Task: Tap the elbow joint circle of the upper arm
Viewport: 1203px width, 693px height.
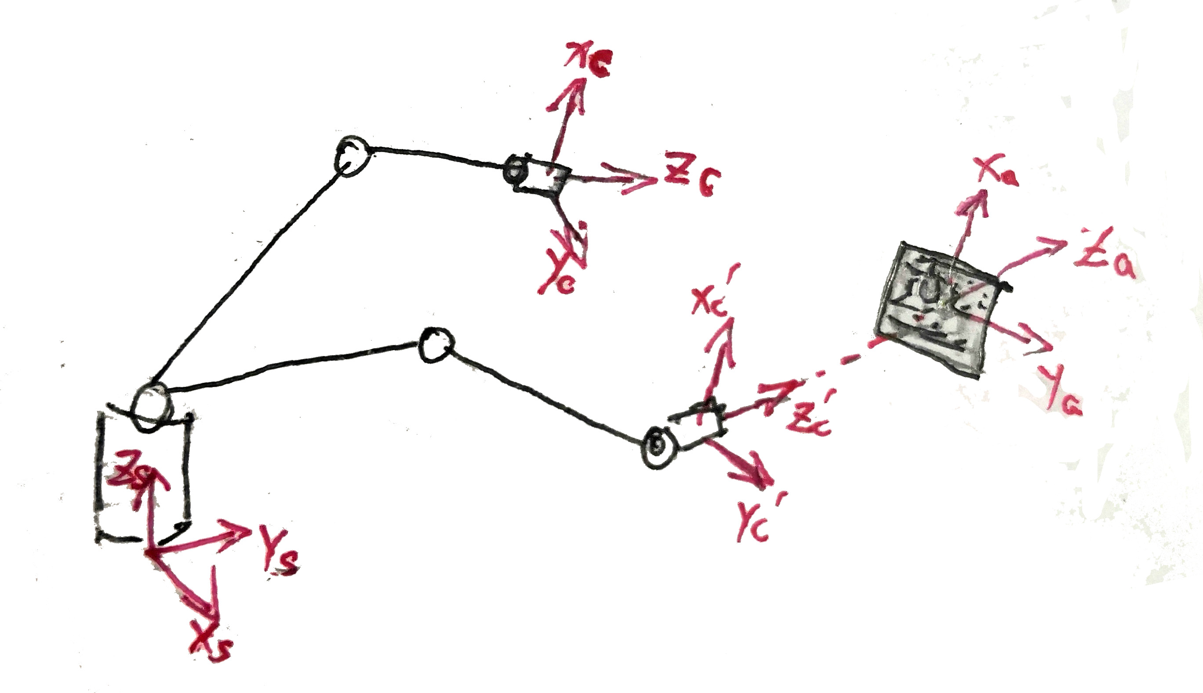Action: click(x=351, y=156)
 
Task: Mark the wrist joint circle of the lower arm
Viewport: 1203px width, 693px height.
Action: click(x=657, y=446)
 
